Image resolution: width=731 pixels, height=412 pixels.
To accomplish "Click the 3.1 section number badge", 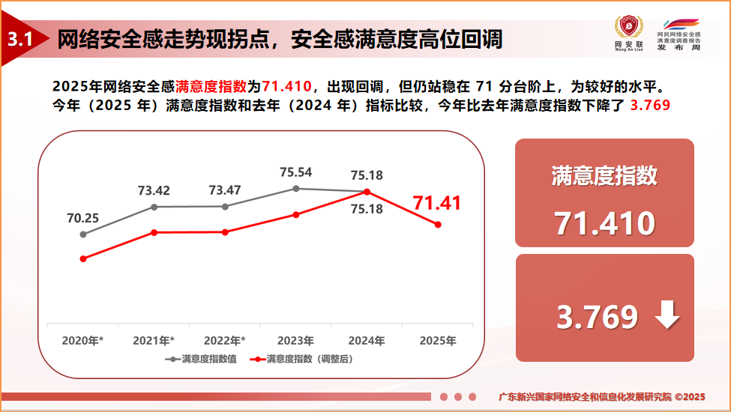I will pos(19,40).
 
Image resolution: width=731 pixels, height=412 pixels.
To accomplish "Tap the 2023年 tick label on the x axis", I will pos(295,341).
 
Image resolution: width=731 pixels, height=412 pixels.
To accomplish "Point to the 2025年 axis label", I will pos(438,341).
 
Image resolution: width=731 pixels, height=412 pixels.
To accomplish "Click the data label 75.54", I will pos(295,172).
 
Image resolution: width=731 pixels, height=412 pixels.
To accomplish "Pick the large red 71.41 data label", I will pos(437,203).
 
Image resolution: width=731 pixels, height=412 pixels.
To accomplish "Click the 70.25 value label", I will pos(83,218).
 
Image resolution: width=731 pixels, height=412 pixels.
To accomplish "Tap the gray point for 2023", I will pos(296,189).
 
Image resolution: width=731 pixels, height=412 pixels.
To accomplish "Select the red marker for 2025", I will pos(438,224).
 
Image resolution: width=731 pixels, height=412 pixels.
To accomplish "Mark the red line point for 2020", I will pos(83,258).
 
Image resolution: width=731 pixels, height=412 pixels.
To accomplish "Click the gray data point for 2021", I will pos(154,207).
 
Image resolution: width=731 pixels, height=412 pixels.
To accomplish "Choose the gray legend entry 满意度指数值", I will pos(201,359).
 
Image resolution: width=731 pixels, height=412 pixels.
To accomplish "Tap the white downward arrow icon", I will pos(667,317).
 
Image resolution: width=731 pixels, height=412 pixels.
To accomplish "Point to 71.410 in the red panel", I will pos(604,223).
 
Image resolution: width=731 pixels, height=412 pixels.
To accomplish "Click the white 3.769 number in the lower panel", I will pos(596,318).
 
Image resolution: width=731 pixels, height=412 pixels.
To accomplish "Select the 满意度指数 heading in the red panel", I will pos(604,175).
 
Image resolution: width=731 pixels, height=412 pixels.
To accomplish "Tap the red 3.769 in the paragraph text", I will pos(650,104).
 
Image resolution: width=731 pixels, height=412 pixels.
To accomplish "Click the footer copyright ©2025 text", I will pos(690,396).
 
